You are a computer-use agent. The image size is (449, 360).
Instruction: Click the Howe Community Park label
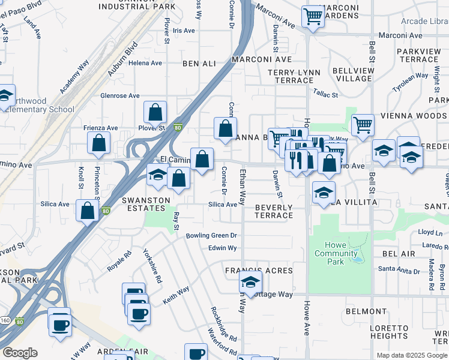click(337, 253)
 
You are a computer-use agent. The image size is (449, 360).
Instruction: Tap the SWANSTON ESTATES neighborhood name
click(144, 203)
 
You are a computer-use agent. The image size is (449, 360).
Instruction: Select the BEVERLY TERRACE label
click(274, 211)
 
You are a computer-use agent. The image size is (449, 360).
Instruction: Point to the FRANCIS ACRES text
click(259, 271)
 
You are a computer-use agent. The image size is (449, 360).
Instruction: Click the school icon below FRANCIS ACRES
click(251, 283)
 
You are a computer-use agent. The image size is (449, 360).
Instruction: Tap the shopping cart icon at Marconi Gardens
click(313, 17)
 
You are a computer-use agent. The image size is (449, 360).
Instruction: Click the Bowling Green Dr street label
click(212, 236)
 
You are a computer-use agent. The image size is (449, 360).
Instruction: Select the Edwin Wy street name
click(222, 248)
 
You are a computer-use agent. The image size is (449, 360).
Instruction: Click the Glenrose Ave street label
click(120, 95)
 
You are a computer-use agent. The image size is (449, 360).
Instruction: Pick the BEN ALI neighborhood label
click(199, 63)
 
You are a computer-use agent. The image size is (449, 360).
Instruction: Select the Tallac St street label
click(326, 94)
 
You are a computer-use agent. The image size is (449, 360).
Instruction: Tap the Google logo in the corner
click(20, 353)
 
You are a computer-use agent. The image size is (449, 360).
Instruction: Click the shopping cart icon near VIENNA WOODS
click(363, 125)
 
